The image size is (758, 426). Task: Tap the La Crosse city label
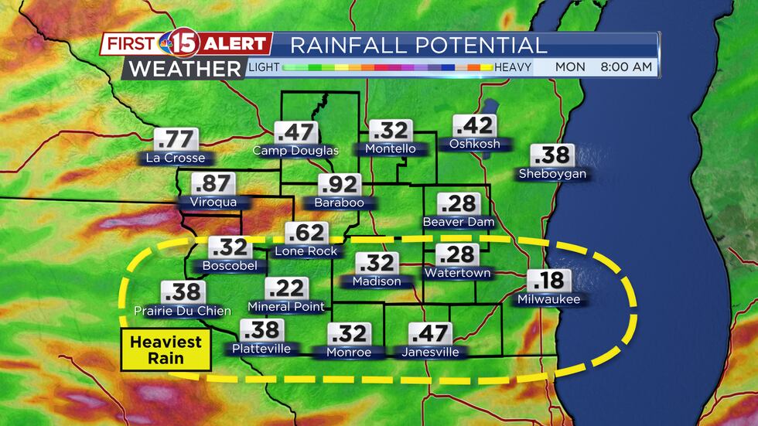pyautogui.click(x=175, y=158)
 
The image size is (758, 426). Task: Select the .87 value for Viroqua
pyautogui.click(x=213, y=185)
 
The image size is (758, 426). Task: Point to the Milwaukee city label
pyautogui.click(x=548, y=298)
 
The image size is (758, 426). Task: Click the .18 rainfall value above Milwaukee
pyautogui.click(x=548, y=281)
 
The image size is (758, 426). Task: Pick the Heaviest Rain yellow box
pyautogui.click(x=166, y=349)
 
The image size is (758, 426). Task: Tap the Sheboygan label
pyautogui.click(x=552, y=174)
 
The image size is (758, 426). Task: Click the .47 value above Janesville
pyautogui.click(x=430, y=334)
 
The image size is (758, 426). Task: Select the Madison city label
pyautogui.click(x=377, y=281)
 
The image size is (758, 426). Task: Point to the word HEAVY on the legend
pyautogui.click(x=513, y=67)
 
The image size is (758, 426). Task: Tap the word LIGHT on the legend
pyautogui.click(x=264, y=67)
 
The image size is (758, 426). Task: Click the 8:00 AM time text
pyautogui.click(x=626, y=67)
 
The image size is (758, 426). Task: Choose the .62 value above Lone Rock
pyautogui.click(x=306, y=233)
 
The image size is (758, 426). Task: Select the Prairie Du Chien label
pyautogui.click(x=183, y=311)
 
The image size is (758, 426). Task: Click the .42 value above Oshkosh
pyautogui.click(x=474, y=126)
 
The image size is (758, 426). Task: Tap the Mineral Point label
pyautogui.click(x=286, y=307)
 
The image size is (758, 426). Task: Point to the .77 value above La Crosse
pyautogui.click(x=176, y=140)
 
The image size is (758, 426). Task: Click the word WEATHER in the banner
pyautogui.click(x=185, y=68)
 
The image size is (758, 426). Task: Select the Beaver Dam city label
pyautogui.click(x=457, y=222)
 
